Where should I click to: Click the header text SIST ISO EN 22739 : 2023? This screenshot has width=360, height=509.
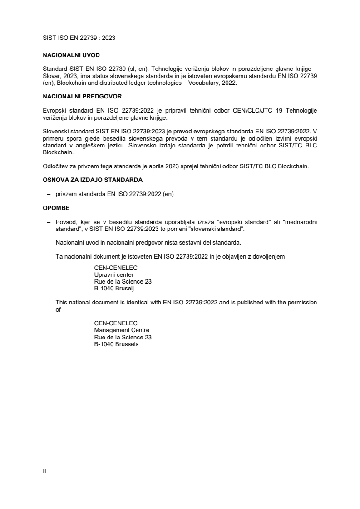coord(79,39)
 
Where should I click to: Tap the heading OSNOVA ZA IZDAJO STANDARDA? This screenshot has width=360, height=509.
coord(93,180)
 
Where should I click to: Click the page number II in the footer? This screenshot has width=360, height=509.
coord(44,471)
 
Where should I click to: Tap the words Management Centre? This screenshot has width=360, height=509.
coord(122,330)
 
